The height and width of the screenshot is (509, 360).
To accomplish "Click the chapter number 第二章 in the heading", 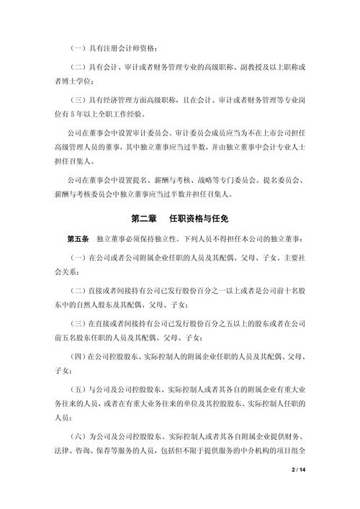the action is coord(143,217).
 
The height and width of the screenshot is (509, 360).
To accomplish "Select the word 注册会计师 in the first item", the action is coord(124,47).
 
